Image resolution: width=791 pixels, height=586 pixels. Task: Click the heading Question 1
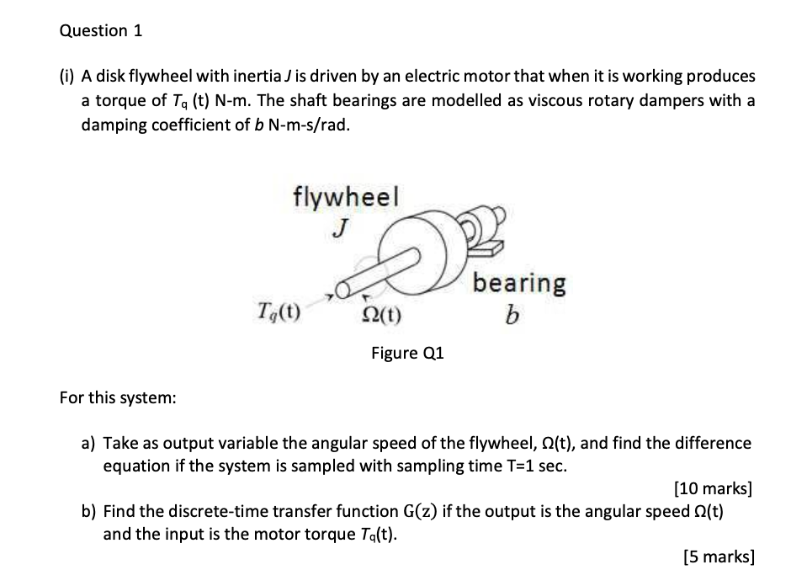101,31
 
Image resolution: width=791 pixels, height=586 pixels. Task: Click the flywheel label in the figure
346,197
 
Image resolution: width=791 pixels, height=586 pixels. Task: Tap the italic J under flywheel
340,226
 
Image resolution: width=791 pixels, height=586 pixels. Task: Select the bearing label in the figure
518,284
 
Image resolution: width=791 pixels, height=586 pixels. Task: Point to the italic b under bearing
512,316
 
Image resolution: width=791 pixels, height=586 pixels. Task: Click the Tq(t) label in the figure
280,317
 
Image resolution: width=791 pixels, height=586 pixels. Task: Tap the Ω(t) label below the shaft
381,317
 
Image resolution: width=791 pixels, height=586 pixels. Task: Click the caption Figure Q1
407,353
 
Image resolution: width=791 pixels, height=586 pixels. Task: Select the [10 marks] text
714,487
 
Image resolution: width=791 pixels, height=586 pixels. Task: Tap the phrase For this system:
118,397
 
